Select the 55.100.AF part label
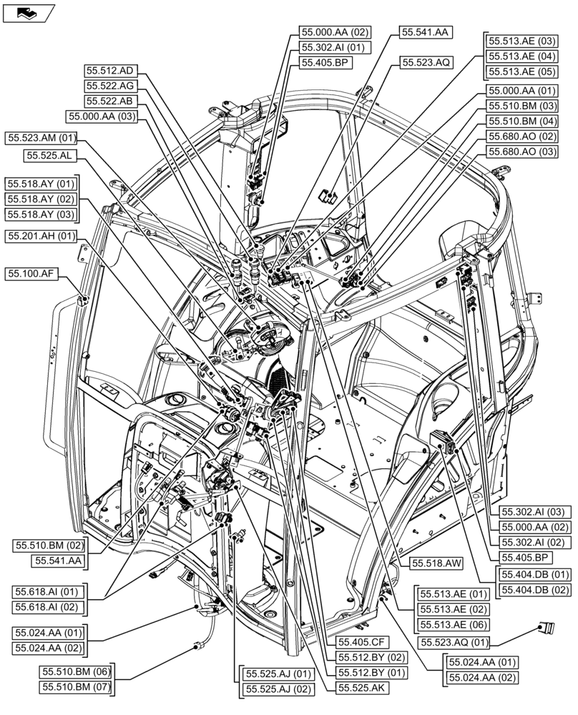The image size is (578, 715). (x=32, y=273)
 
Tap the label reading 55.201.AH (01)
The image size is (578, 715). (x=41, y=236)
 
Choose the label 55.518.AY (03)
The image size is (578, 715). (x=41, y=214)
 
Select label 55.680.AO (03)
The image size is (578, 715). (x=521, y=152)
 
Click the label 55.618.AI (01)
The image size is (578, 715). (x=47, y=591)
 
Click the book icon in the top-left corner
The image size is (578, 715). (x=28, y=12)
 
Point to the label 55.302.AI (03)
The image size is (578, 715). (x=534, y=511)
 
